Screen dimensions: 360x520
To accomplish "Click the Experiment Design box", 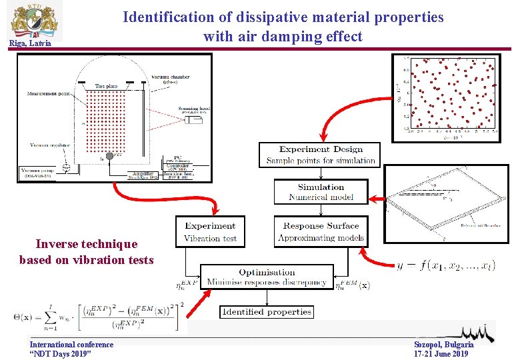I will [x=321, y=155].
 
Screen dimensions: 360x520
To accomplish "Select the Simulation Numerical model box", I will [x=321, y=192].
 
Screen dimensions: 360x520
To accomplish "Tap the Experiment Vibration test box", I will [x=210, y=232].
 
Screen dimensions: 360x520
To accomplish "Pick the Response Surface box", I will [x=321, y=232].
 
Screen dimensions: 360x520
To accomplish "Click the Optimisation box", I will [x=266, y=277].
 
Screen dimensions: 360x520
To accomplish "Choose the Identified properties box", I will [x=266, y=311].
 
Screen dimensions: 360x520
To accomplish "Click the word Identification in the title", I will [x=168, y=17].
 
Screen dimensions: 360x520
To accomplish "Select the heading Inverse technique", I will [x=87, y=244].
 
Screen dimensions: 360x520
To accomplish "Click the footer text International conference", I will [x=71, y=344].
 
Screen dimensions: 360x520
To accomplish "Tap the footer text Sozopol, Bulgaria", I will [x=444, y=344].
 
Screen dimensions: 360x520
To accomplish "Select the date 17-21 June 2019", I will [x=441, y=353].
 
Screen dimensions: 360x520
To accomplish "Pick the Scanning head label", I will [x=193, y=108].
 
